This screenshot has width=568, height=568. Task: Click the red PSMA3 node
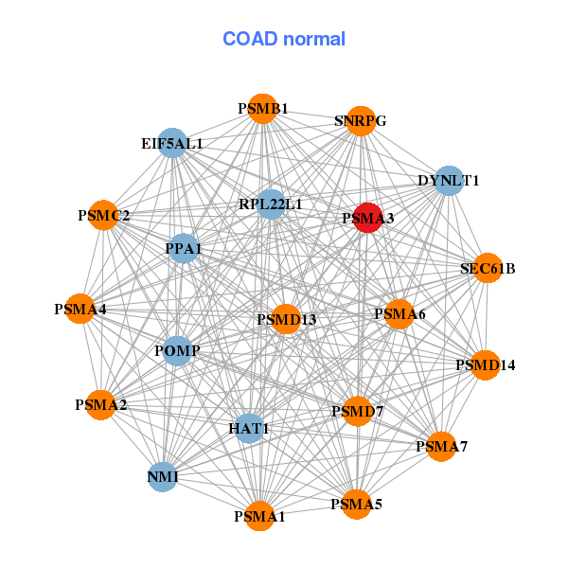coord(367,218)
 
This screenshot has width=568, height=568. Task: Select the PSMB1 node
coord(262,109)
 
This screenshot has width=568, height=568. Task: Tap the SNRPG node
coord(361,121)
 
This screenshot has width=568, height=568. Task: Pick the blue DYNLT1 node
coord(449,181)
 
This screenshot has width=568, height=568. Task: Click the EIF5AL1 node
coord(172,143)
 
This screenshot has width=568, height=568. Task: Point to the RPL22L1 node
coord(271,204)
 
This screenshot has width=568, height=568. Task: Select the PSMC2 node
coord(103,215)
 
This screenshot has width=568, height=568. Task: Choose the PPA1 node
coord(184,248)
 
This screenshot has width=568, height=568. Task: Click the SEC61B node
coord(488,268)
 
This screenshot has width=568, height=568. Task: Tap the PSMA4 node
coord(80,309)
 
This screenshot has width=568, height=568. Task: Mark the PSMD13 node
coord(286,319)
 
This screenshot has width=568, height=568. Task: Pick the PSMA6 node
coord(399,314)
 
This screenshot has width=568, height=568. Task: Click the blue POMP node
coord(177,350)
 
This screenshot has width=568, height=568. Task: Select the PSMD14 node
coord(485,365)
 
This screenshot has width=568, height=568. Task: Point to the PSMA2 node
coord(100,405)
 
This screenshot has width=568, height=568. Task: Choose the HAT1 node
coord(249,428)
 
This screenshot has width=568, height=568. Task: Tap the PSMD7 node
coord(358,411)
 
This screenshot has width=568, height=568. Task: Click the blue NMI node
coord(163,477)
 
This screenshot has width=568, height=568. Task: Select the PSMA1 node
coord(259,516)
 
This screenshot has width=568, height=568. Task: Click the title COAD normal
coord(284,39)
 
